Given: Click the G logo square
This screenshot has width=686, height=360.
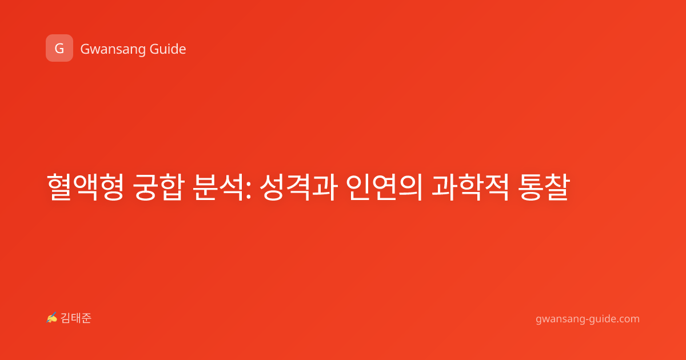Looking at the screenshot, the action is [59, 48].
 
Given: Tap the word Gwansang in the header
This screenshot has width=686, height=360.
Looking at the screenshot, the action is [113, 50].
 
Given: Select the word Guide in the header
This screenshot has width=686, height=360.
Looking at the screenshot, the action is [168, 49].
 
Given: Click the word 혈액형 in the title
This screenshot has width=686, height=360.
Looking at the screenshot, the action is [85, 187].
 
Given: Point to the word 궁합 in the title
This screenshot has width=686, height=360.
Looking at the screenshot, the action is [159, 187].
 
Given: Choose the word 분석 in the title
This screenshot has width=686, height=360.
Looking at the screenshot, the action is [218, 187].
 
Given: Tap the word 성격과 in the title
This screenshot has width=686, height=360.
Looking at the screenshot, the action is [298, 187].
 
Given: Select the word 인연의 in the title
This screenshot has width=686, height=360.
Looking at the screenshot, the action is [384, 187].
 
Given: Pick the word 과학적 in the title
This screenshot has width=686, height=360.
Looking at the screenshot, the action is [470, 187].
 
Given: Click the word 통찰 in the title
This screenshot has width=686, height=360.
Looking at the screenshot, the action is [544, 187].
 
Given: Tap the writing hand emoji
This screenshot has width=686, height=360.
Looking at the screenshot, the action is [52, 318].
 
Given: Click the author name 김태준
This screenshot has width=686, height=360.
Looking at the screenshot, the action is [76, 318].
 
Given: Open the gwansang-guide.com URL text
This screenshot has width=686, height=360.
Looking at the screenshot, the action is [588, 319].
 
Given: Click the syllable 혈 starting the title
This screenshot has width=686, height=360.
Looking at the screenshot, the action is [59, 187].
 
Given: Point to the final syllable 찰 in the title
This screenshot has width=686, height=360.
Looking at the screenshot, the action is [557, 187].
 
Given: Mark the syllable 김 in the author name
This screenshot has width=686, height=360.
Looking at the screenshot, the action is [66, 318].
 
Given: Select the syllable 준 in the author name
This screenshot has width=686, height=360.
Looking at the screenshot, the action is [86, 318].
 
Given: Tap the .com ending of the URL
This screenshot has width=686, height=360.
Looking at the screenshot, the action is [627, 319].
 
